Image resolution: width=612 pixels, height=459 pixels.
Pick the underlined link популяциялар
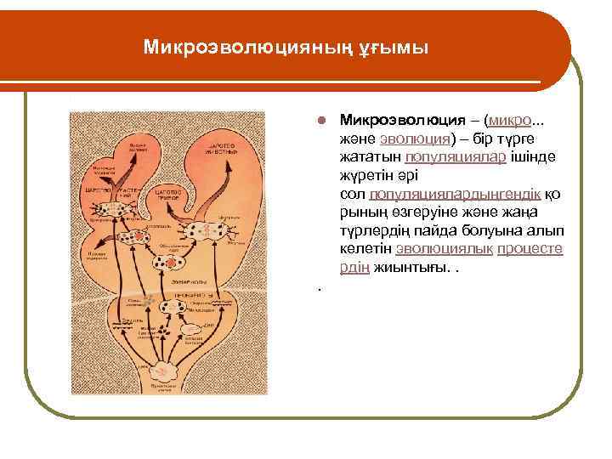456,157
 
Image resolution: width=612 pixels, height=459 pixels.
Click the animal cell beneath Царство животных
206,230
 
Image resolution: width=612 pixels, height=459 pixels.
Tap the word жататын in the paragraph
367,157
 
